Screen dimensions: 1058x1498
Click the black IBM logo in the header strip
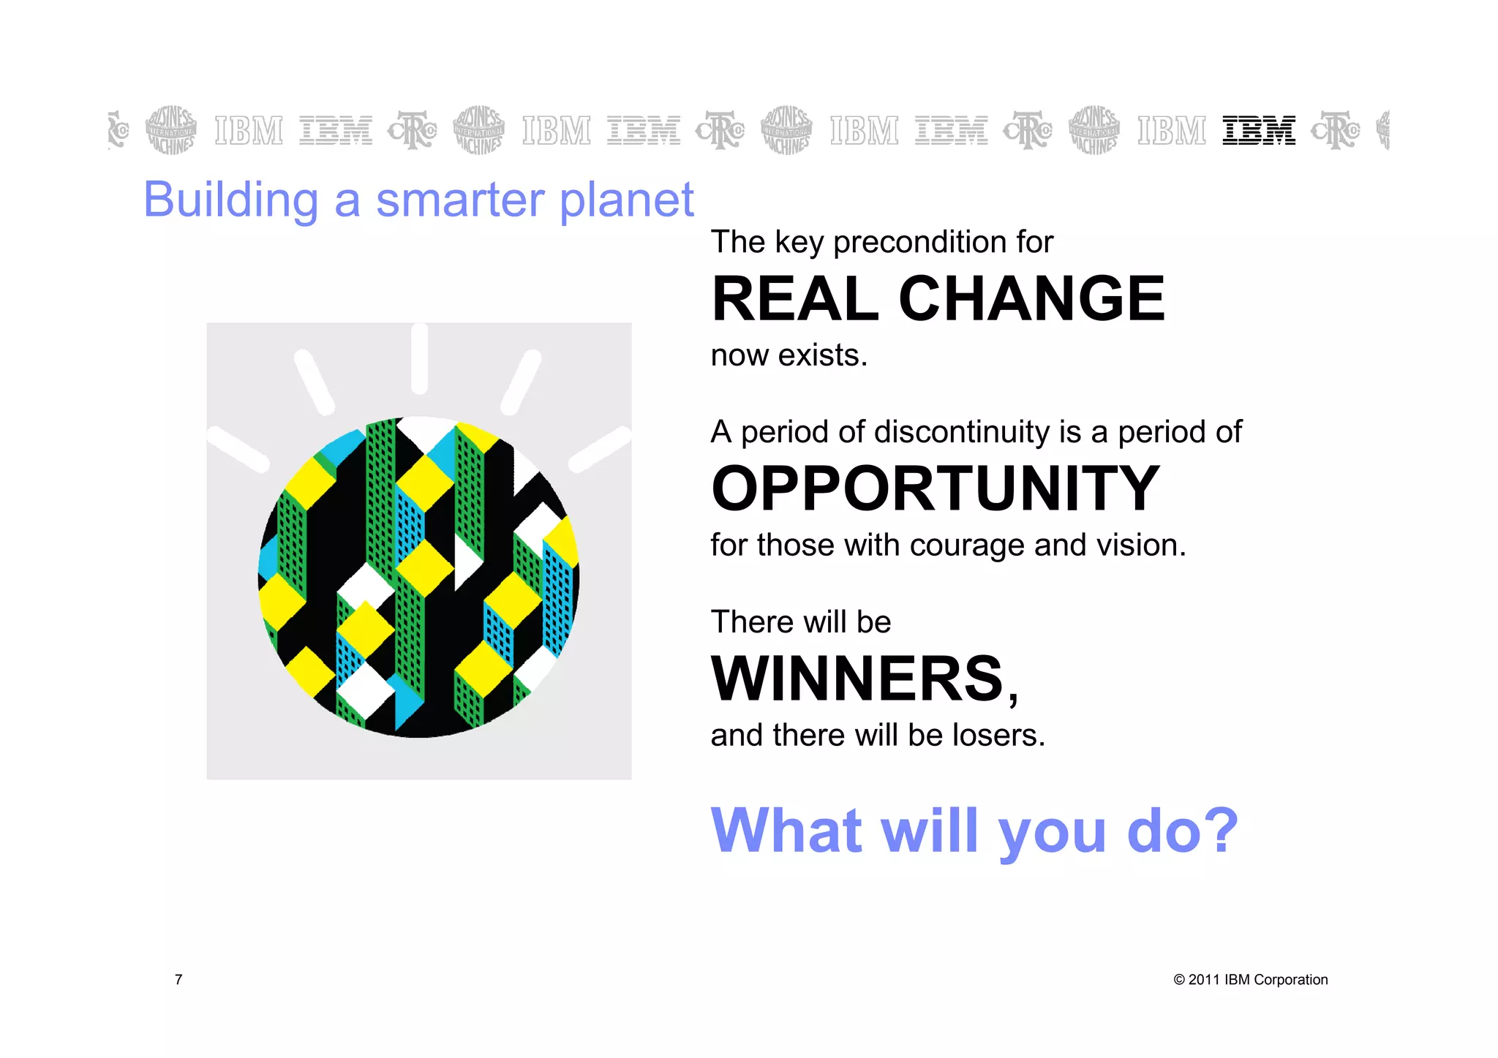point(1259,130)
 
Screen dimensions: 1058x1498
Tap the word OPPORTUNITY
point(936,488)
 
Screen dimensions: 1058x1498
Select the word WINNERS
point(859,679)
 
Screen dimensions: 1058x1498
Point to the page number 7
point(178,980)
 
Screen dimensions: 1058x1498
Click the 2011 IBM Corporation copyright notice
point(1250,980)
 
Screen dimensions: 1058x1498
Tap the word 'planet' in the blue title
point(626,200)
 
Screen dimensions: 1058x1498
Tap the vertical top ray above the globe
point(419,358)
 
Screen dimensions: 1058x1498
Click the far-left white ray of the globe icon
point(238,448)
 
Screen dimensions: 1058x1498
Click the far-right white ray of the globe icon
point(600,448)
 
